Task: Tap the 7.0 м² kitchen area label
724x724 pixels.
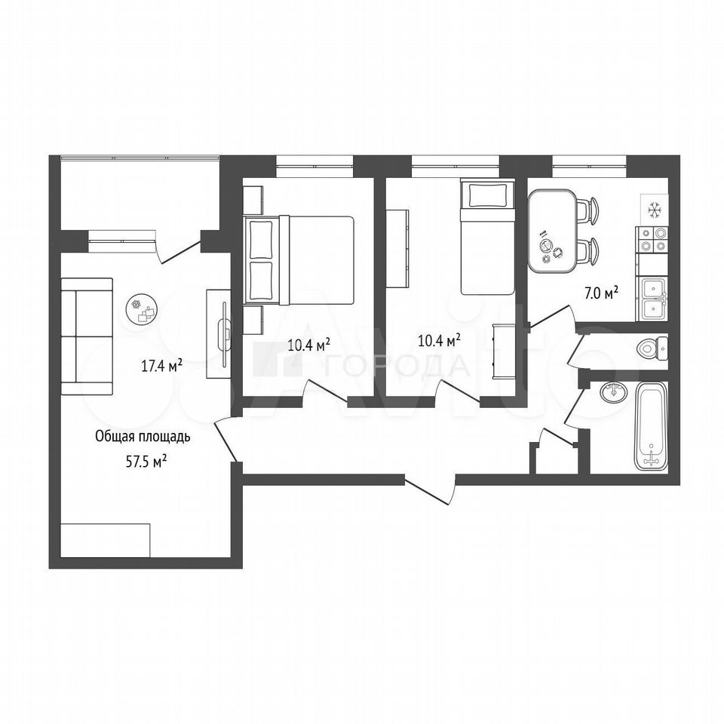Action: pyautogui.click(x=601, y=293)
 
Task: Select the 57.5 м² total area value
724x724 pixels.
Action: pyautogui.click(x=146, y=462)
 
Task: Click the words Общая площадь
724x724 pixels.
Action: pyautogui.click(x=143, y=437)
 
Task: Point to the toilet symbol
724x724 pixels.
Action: pyautogui.click(x=651, y=347)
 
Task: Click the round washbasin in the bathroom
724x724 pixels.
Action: pyautogui.click(x=614, y=392)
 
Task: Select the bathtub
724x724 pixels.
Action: pyautogui.click(x=651, y=425)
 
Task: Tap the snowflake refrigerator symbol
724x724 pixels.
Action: pyautogui.click(x=655, y=210)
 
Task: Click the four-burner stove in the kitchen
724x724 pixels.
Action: pyautogui.click(x=652, y=240)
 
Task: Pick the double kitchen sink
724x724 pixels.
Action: pyautogui.click(x=652, y=299)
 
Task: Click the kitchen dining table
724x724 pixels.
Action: pyautogui.click(x=552, y=232)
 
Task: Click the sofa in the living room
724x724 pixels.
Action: pyautogui.click(x=87, y=336)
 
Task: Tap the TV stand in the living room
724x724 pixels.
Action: pyautogui.click(x=219, y=334)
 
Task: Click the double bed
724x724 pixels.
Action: pyautogui.click(x=299, y=260)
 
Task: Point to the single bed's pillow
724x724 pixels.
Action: pyautogui.click(x=487, y=195)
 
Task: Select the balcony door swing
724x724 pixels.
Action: pyautogui.click(x=178, y=248)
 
